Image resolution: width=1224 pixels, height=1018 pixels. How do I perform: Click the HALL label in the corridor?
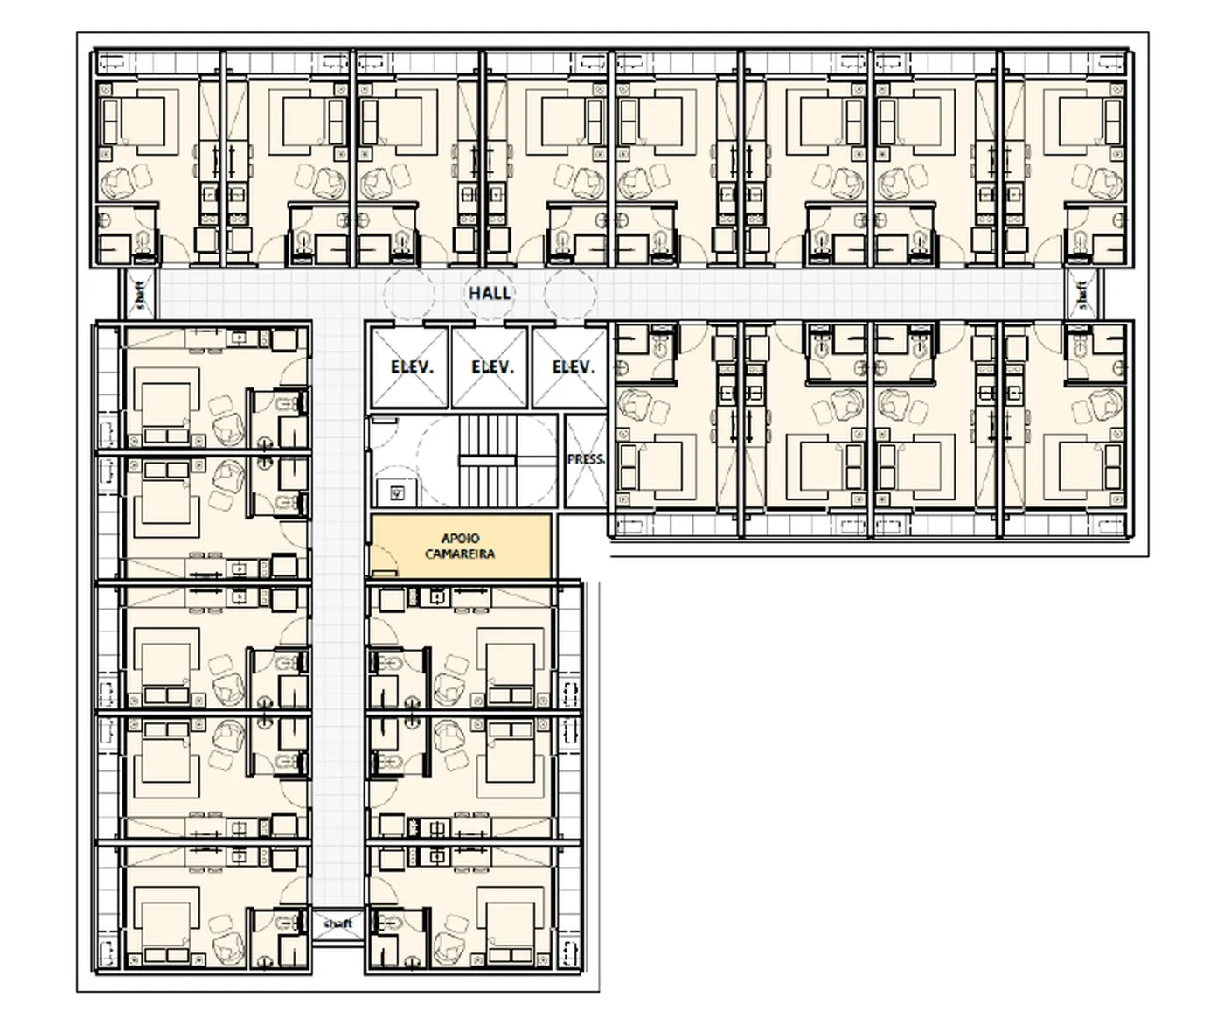(x=490, y=293)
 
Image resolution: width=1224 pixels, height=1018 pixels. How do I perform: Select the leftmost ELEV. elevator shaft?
(x=410, y=367)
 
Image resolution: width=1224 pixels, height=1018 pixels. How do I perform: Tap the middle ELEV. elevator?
(x=490, y=367)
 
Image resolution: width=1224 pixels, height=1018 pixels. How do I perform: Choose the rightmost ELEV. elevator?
(x=570, y=367)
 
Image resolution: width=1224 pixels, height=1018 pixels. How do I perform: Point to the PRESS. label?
(x=586, y=459)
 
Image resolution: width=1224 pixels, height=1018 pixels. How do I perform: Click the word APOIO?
(x=461, y=539)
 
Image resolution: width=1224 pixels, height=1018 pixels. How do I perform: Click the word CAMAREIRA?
(x=460, y=554)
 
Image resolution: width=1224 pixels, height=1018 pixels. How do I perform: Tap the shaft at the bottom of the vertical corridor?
(x=338, y=924)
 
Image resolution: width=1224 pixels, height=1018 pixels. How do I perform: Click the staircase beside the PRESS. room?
(x=487, y=461)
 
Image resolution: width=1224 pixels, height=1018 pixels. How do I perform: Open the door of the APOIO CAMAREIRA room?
(x=385, y=560)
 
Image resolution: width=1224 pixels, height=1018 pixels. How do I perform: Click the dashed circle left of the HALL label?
(x=409, y=293)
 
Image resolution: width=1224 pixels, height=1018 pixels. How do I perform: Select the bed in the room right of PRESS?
(x=651, y=466)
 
